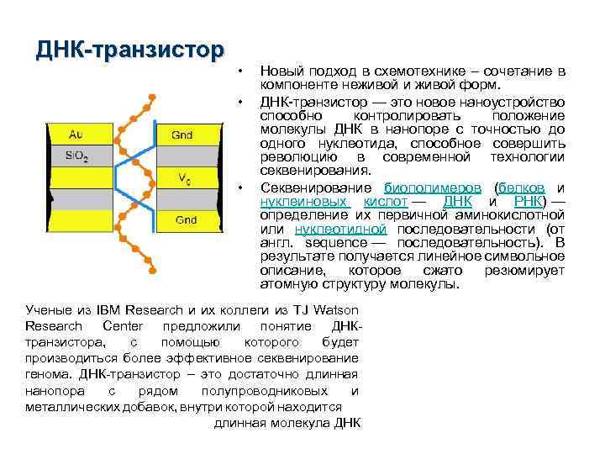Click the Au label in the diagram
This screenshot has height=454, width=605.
tap(75, 133)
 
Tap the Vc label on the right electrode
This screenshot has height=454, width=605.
tap(184, 177)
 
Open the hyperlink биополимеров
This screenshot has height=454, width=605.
tap(433, 187)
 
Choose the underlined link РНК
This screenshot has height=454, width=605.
tap(529, 202)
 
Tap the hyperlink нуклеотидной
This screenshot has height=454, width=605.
tap(340, 229)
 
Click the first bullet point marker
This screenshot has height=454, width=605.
tap(241, 68)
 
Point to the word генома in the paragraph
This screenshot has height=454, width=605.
tap(49, 375)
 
